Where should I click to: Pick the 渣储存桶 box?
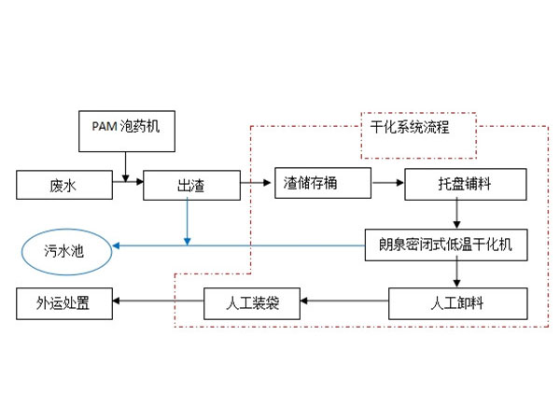tap(316, 184)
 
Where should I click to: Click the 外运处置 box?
tap(62, 303)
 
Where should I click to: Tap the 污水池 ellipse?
tap(64, 251)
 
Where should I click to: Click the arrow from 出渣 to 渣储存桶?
tap(255, 183)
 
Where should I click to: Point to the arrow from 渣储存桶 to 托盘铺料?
tap(382, 183)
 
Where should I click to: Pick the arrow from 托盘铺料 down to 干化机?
tap(455, 215)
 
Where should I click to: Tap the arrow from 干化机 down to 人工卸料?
tap(455, 274)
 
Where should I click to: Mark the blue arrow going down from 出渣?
tap(188, 222)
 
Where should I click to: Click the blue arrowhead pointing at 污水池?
tap(118, 246)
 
